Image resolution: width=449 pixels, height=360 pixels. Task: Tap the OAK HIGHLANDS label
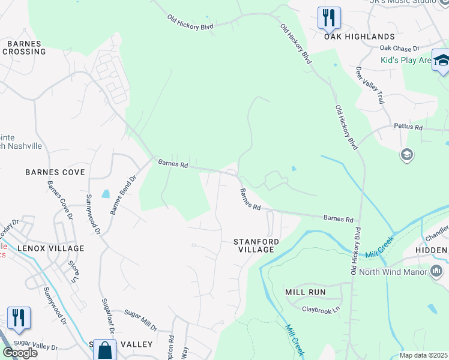360,37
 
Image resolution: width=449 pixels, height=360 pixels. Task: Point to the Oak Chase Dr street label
399,49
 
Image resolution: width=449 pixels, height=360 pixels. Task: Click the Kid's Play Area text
406,60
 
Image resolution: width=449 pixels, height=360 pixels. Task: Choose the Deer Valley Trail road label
370,85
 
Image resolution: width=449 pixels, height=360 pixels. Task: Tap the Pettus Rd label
408,127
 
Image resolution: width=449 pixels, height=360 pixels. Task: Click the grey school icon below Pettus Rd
407,155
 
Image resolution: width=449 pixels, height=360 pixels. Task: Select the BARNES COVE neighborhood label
55,172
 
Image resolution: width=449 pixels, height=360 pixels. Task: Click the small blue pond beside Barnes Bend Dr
106,194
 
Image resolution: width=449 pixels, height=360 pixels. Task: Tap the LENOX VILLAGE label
50,248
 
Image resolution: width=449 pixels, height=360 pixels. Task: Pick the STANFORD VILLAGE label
256,245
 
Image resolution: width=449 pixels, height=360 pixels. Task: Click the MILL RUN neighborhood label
305,292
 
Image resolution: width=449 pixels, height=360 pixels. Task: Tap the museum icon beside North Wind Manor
436,271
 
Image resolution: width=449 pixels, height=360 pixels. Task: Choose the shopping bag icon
104,350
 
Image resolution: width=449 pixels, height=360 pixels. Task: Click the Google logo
20,353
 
